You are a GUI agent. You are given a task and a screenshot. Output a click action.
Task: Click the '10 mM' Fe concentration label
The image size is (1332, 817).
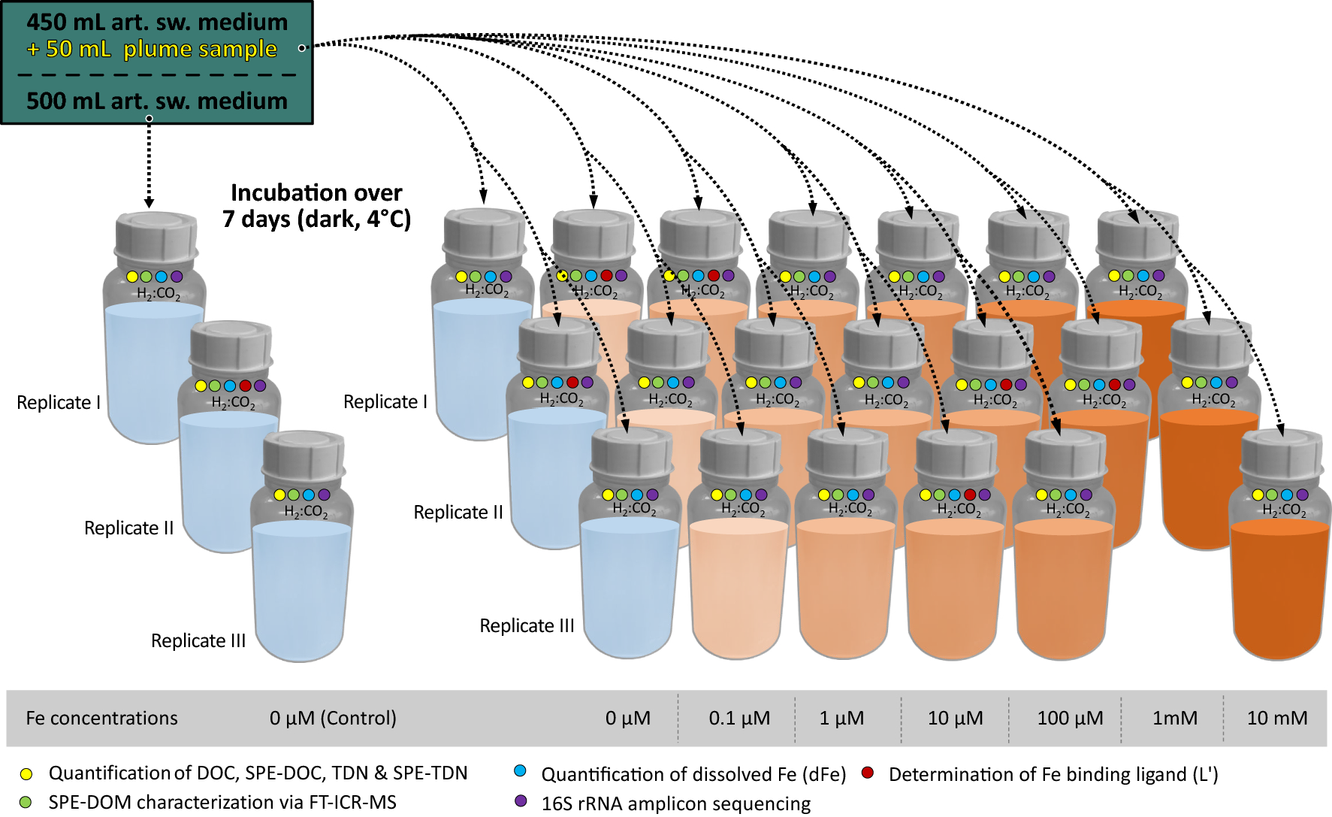[1276, 719]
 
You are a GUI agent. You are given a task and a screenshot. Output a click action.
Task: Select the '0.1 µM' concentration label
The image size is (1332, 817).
[739, 719]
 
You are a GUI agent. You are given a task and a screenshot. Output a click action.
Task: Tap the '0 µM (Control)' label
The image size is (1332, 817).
[333, 719]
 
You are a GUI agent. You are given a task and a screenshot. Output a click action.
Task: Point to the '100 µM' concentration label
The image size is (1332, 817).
[1070, 719]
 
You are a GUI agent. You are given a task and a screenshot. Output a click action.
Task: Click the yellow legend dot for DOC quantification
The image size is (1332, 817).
[26, 773]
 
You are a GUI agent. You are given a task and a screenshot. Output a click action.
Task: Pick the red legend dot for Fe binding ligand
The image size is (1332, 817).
[868, 773]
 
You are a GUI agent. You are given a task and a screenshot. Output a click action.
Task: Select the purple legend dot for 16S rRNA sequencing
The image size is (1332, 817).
[521, 801]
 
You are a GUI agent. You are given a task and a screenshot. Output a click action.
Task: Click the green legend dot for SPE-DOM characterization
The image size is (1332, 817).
[26, 802]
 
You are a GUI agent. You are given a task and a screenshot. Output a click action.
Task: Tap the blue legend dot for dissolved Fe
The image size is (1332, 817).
[520, 771]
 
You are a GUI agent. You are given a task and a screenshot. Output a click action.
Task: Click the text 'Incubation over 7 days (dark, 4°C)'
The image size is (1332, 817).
[316, 206]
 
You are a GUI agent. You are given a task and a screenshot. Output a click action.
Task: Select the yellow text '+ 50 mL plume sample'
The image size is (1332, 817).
[153, 50]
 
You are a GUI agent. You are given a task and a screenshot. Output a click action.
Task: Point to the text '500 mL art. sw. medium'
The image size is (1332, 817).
[157, 101]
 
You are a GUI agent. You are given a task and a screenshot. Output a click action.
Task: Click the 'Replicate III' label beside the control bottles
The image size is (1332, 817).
[198, 641]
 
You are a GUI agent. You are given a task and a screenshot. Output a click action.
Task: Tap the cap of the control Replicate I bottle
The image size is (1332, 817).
[156, 234]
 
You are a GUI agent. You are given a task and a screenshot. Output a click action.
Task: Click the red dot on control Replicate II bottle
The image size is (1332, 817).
[245, 386]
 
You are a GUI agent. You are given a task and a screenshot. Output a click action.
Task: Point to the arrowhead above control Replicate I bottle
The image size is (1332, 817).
[149, 202]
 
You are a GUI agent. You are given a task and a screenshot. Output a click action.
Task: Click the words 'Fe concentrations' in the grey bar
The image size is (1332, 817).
[101, 719]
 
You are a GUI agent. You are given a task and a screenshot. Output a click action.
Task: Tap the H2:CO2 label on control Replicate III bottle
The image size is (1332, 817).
[305, 512]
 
